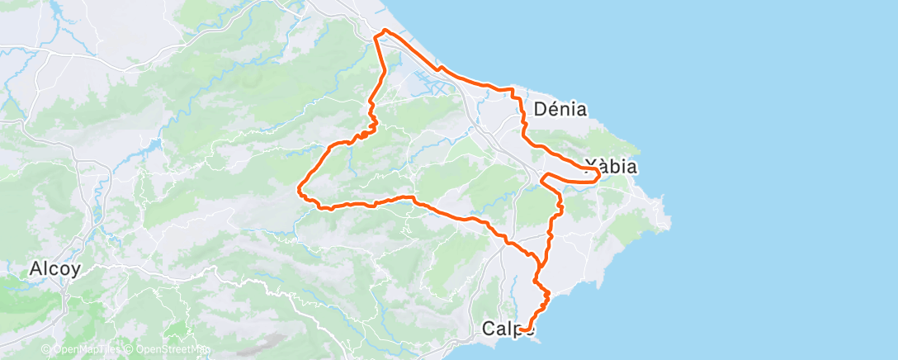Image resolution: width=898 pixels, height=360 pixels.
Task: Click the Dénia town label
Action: pos(560,108)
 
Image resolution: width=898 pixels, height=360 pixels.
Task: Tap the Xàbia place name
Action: pos(610,166)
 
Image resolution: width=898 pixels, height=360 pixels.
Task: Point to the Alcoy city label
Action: pos(54,268)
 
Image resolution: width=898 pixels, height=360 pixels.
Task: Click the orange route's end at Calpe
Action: pos(522,330)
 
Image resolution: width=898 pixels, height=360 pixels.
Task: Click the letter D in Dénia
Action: pos(541,108)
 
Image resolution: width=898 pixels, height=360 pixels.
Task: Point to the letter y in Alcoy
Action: pos(75,270)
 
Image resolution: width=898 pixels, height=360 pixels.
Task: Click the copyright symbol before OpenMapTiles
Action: pos(46,349)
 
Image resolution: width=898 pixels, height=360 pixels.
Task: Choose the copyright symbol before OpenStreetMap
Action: pos(130,349)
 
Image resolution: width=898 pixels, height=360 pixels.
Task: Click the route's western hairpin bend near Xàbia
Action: pos(542,177)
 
